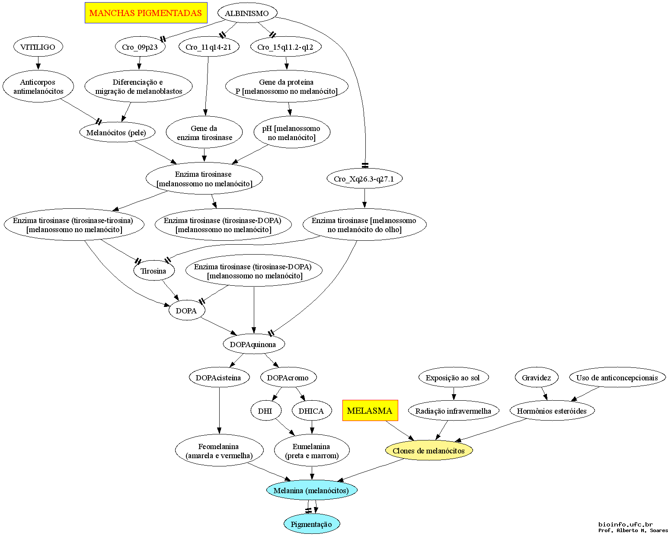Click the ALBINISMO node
[247, 13]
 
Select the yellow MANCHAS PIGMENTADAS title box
[146, 13]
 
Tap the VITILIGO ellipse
[38, 47]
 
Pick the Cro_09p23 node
[140, 47]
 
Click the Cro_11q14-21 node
[209, 47]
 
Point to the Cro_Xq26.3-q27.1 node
[364, 179]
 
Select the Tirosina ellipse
[154, 271]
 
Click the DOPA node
[187, 310]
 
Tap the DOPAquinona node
[254, 344]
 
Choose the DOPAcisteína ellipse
[219, 377]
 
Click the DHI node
[266, 411]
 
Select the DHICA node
[312, 411]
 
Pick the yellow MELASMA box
[370, 410]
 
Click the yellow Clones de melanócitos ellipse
[429, 450]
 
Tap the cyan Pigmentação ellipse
[312, 524]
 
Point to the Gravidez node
[537, 377]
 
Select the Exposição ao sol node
[454, 377]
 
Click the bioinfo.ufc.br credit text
[626, 524]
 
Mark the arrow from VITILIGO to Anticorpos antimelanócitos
[38, 63]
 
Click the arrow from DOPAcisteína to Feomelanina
[219, 411]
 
